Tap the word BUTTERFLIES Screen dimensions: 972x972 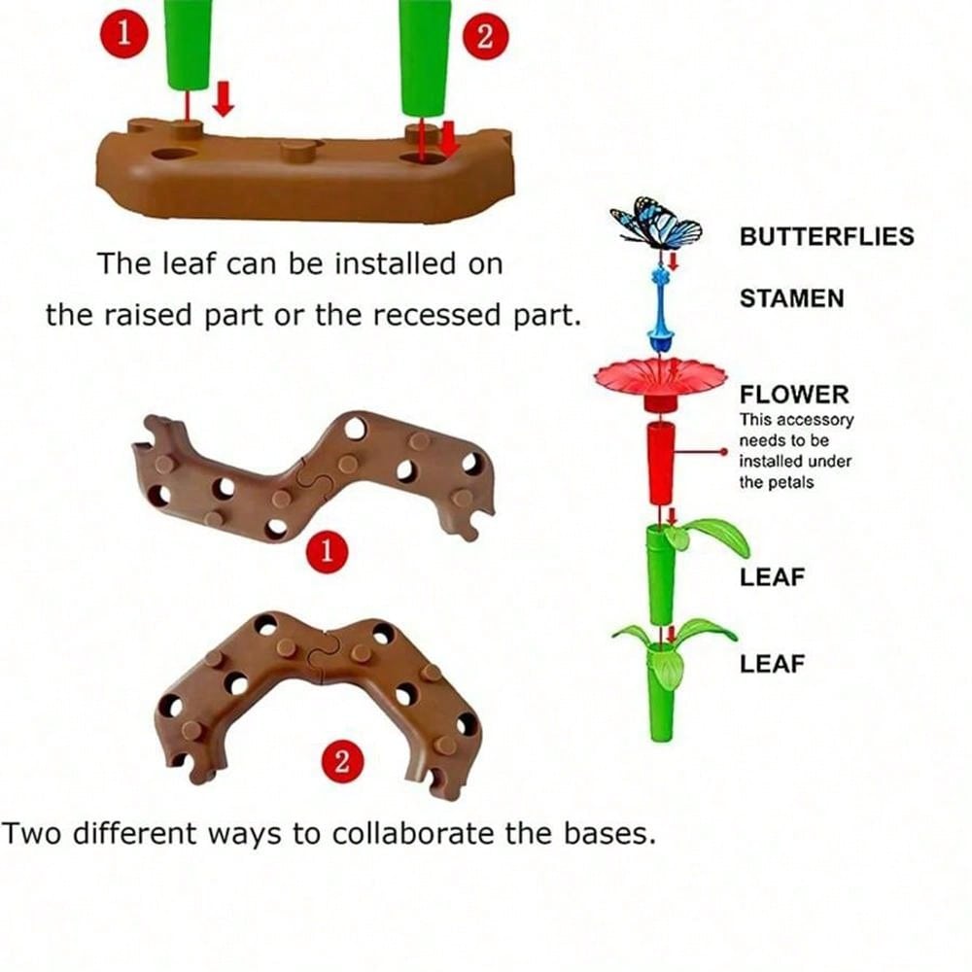[x=826, y=236]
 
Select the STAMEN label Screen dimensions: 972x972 [x=791, y=298]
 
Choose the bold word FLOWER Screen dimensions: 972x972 [x=794, y=395]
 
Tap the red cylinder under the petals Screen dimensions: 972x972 [x=661, y=463]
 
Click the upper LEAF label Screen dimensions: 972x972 [x=773, y=576]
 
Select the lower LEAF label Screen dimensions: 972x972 [x=773, y=664]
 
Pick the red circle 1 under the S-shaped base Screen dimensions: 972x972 [x=327, y=552]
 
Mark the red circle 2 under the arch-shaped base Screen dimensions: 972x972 [x=341, y=761]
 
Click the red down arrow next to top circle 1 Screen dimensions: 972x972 [x=224, y=98]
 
